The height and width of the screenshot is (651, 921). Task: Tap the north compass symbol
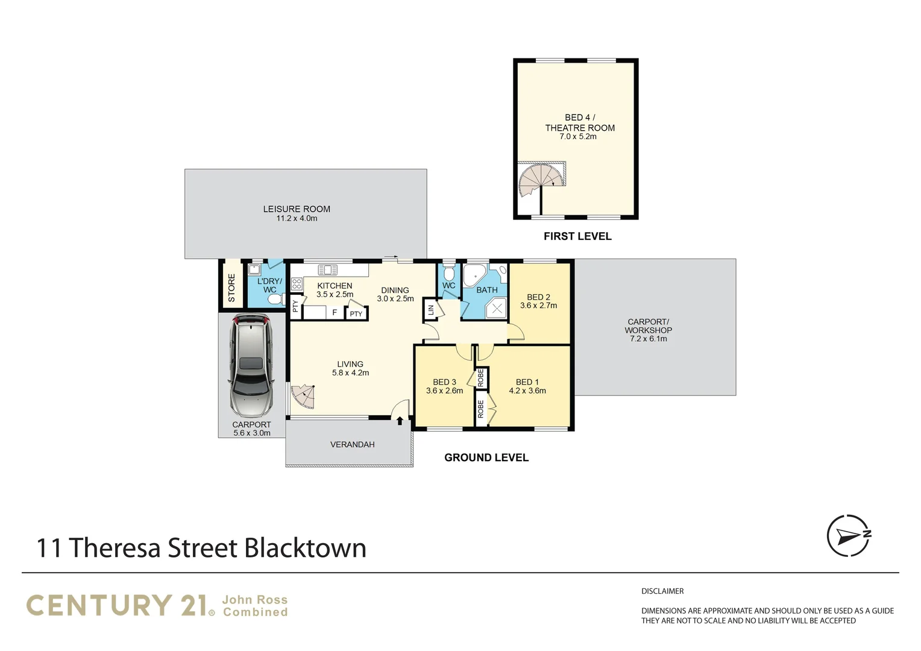coord(849,535)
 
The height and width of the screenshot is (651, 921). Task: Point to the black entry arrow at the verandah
coord(400,421)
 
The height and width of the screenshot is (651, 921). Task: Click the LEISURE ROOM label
coord(297,209)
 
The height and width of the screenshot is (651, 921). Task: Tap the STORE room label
coord(231,288)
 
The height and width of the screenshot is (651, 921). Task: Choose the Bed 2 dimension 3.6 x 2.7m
coord(538,306)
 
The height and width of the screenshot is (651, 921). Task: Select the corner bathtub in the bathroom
coord(475,277)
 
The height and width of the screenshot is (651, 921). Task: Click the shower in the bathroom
coord(497,309)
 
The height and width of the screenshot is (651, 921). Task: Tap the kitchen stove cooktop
coord(297,284)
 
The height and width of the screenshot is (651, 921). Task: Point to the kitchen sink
coord(327,269)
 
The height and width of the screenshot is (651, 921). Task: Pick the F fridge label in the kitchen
coord(335,313)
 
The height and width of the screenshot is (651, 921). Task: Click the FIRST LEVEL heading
coord(577,236)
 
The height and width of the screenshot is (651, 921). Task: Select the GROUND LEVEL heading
coord(486,458)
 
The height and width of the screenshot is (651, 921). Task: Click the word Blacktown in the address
coord(305,549)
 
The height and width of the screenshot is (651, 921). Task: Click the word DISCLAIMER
coord(662,591)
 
